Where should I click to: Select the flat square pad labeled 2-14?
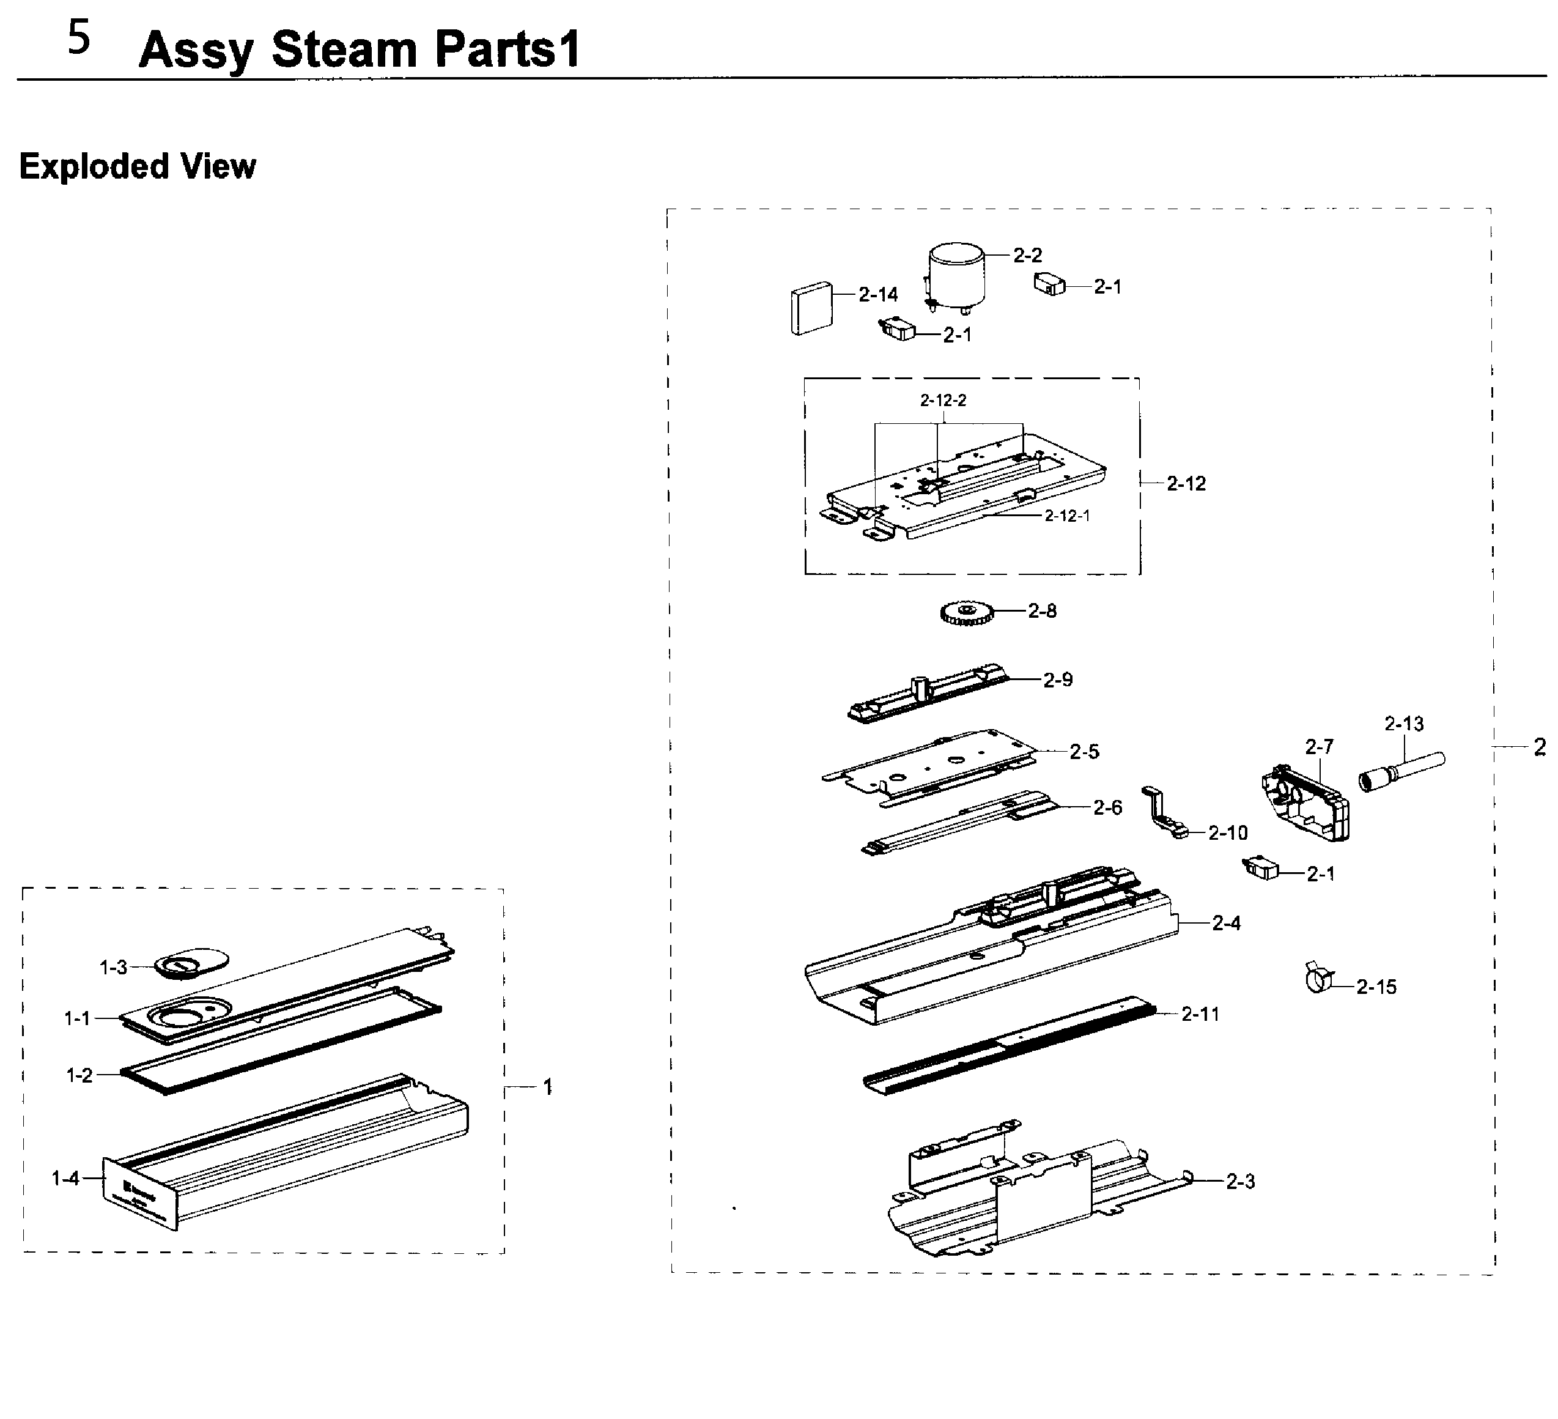[x=811, y=308]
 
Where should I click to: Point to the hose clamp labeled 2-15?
[x=1318, y=979]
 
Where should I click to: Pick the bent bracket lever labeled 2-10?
[x=1164, y=812]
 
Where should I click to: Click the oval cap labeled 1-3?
[x=191, y=962]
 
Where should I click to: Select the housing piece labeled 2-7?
[x=1307, y=804]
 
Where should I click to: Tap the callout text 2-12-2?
[x=943, y=401]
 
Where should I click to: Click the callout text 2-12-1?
[x=1066, y=516]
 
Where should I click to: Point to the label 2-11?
[x=1200, y=1014]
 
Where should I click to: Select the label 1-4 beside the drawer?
[x=65, y=1178]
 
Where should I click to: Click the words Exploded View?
[x=138, y=166]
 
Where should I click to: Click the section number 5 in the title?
[x=79, y=39]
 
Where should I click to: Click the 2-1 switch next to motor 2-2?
[x=1049, y=284]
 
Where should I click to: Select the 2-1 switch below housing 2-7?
[x=1260, y=868]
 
